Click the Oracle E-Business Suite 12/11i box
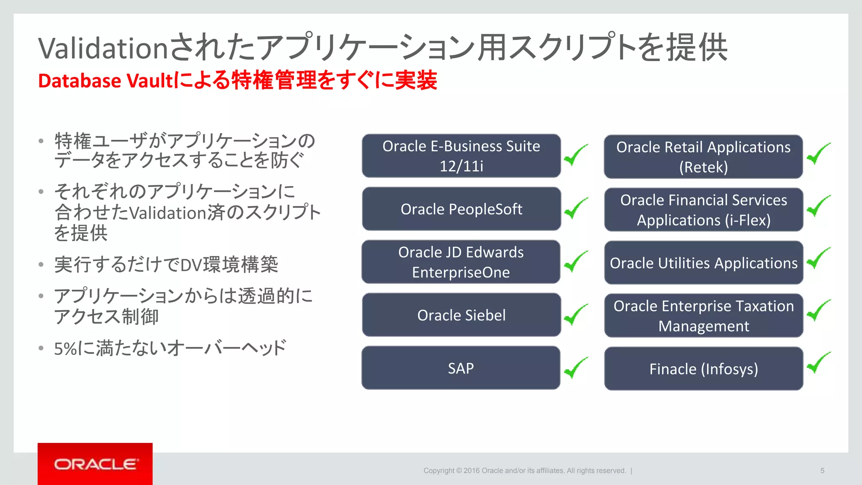tap(461, 156)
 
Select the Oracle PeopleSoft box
tap(461, 209)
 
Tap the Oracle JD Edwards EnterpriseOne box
tap(461, 262)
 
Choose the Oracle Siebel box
tap(461, 315)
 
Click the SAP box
tap(461, 368)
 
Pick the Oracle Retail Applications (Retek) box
tap(703, 157)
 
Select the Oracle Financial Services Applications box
tap(703, 210)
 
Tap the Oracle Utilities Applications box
tap(703, 263)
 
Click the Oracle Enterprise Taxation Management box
tap(703, 316)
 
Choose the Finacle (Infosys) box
tap(703, 369)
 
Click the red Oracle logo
tap(95, 464)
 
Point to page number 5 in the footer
tap(822, 471)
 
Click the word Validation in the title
tap(104, 48)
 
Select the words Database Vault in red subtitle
tap(105, 81)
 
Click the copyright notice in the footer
tap(524, 471)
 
